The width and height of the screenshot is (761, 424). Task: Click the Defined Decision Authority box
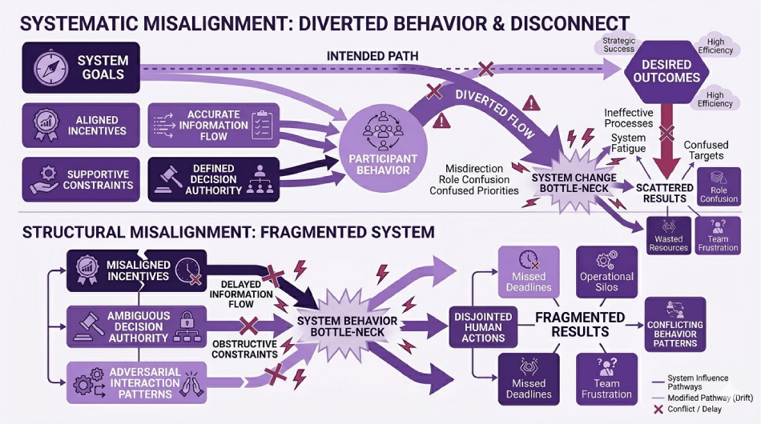point(214,178)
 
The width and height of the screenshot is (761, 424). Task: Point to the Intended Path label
point(373,56)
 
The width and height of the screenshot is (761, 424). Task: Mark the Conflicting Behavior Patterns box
point(674,329)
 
